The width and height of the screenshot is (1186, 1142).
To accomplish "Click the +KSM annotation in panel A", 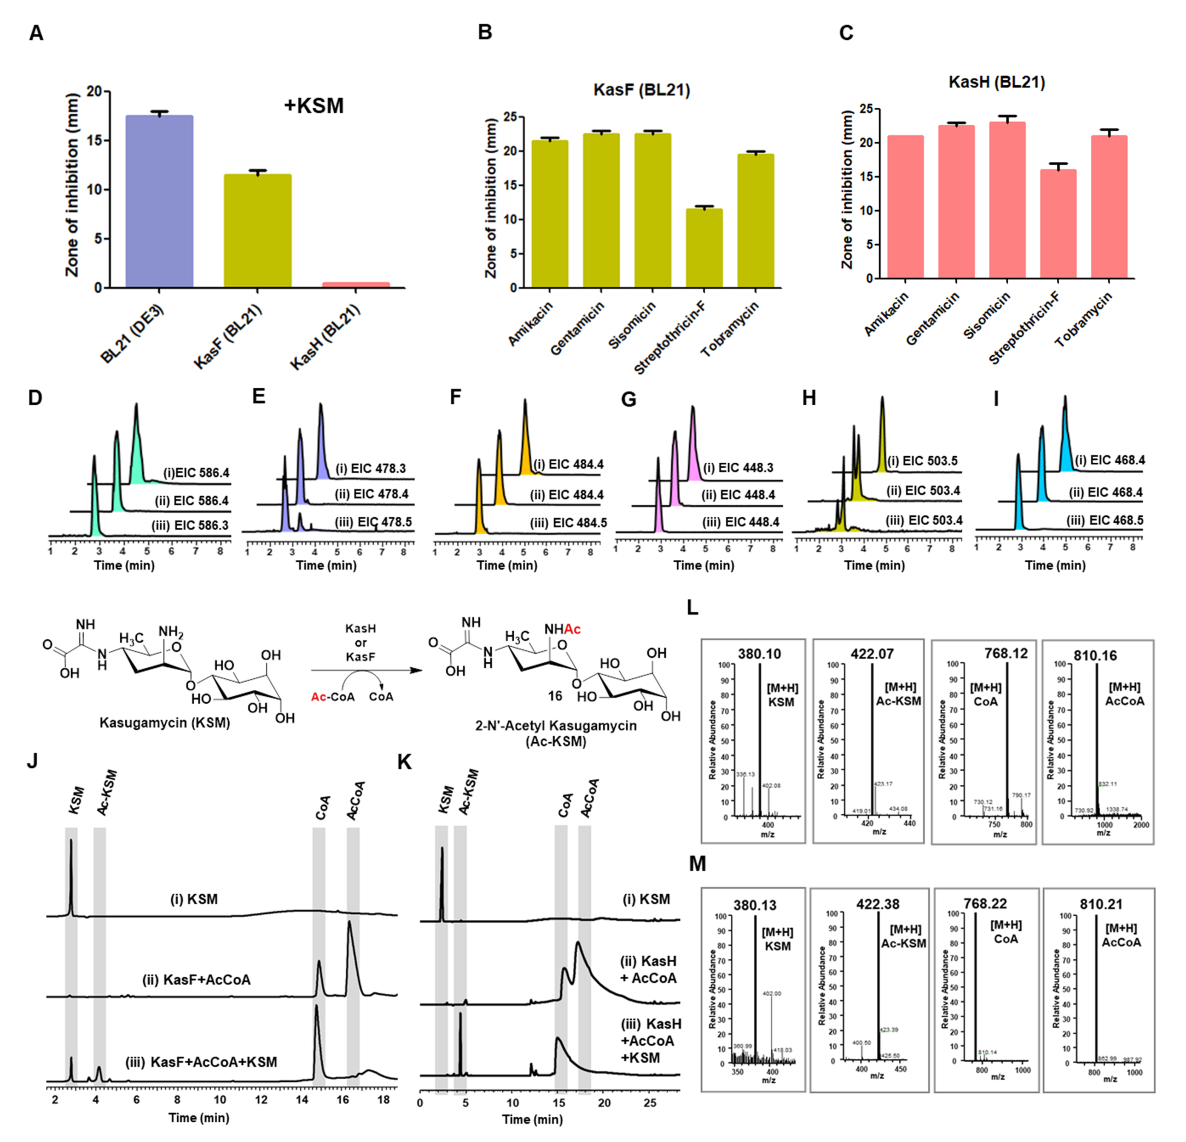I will coord(313,106).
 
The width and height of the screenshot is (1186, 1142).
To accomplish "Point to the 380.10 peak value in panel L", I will coord(759,654).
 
